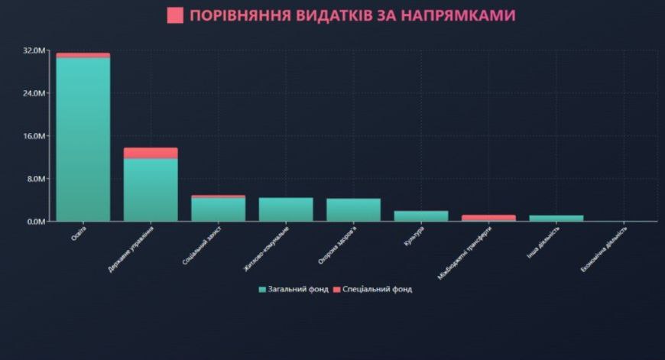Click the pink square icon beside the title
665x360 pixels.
(175, 15)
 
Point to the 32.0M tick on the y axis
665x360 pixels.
(35, 50)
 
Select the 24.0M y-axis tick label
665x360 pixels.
(35, 93)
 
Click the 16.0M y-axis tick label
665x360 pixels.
(35, 136)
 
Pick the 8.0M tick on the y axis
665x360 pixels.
(37, 179)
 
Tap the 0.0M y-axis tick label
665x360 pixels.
(37, 222)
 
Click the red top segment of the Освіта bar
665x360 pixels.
(83, 55)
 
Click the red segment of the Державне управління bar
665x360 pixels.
(151, 153)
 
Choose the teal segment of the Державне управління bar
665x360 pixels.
(151, 190)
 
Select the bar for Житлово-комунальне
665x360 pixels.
(286, 209)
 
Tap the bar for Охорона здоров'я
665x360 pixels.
(353, 210)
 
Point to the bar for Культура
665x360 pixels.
(421, 216)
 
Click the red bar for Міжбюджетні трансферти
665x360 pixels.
(488, 218)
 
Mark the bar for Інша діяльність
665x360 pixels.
(556, 219)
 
